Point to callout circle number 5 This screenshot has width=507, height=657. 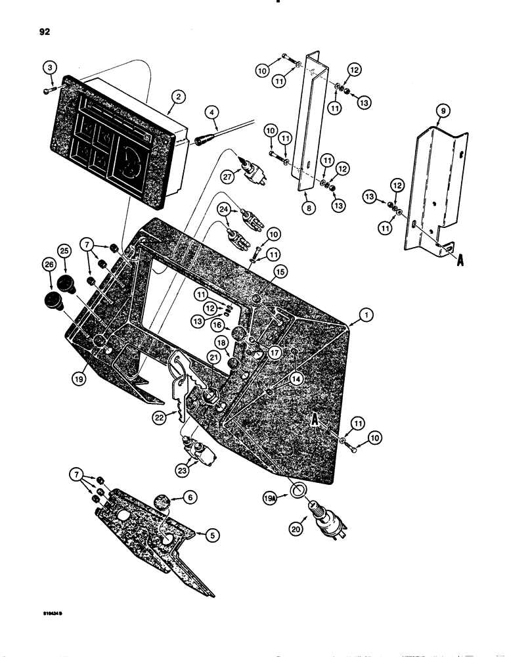(x=211, y=535)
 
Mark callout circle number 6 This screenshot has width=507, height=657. (x=190, y=499)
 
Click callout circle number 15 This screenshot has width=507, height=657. (x=281, y=271)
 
